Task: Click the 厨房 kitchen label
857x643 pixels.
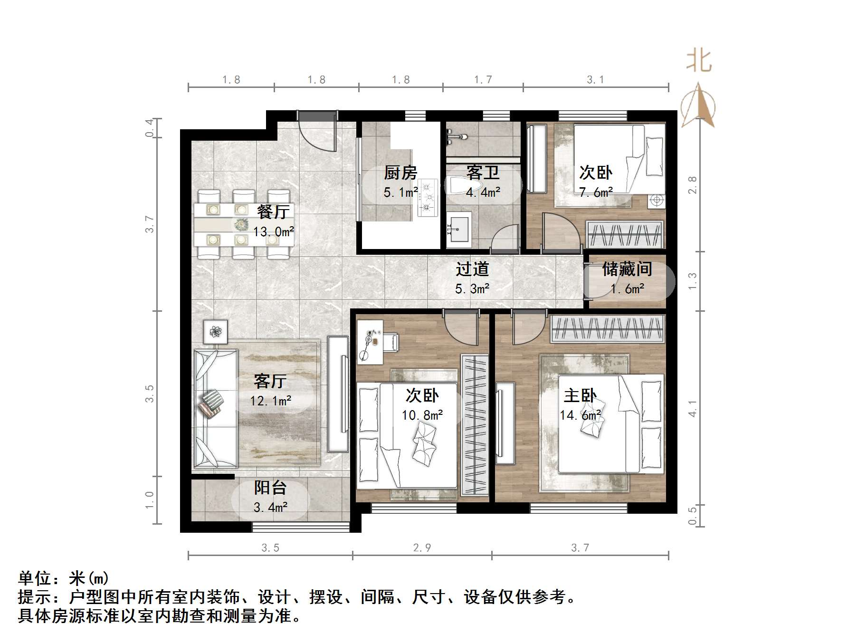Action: point(400,173)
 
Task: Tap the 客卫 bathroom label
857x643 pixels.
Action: point(483,173)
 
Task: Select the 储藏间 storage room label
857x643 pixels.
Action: point(627,269)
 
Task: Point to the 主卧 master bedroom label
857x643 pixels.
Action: point(580,395)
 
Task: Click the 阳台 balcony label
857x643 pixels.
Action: point(270,488)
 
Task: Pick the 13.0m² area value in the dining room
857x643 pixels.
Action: point(273,232)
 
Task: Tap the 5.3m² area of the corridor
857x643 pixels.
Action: point(472,289)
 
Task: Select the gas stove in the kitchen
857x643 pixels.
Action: point(427,197)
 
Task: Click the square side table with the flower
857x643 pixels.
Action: point(216,331)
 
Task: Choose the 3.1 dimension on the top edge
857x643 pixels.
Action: point(595,80)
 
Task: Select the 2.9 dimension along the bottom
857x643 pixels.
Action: point(422,548)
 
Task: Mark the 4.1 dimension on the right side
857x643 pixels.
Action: point(693,409)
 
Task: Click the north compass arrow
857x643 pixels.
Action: point(698,106)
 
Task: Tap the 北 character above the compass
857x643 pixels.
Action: point(699,61)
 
